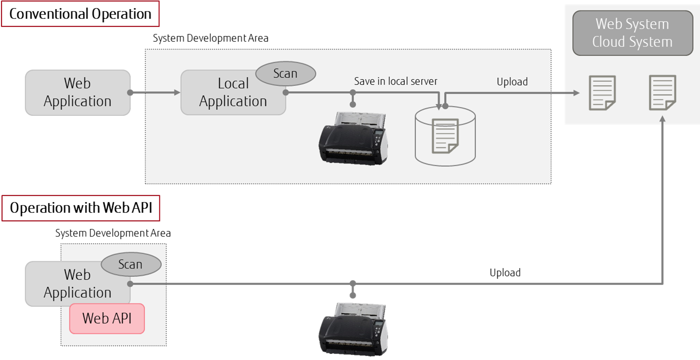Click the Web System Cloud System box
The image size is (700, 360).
point(632,33)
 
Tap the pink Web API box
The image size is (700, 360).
point(107,318)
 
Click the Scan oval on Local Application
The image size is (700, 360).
point(285,74)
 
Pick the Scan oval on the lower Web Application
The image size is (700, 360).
point(131,265)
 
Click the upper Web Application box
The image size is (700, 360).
point(77,92)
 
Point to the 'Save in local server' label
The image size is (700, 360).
point(396,81)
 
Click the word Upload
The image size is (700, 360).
point(512,82)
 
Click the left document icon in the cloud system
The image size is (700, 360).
point(602,93)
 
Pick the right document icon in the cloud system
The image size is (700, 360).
point(662,92)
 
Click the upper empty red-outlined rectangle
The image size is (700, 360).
point(80,14)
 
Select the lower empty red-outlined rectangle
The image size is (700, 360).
point(80,208)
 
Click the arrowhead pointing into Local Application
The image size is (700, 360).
point(177,92)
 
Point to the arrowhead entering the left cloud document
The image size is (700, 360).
point(576,93)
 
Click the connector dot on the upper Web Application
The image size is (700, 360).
point(131,92)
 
